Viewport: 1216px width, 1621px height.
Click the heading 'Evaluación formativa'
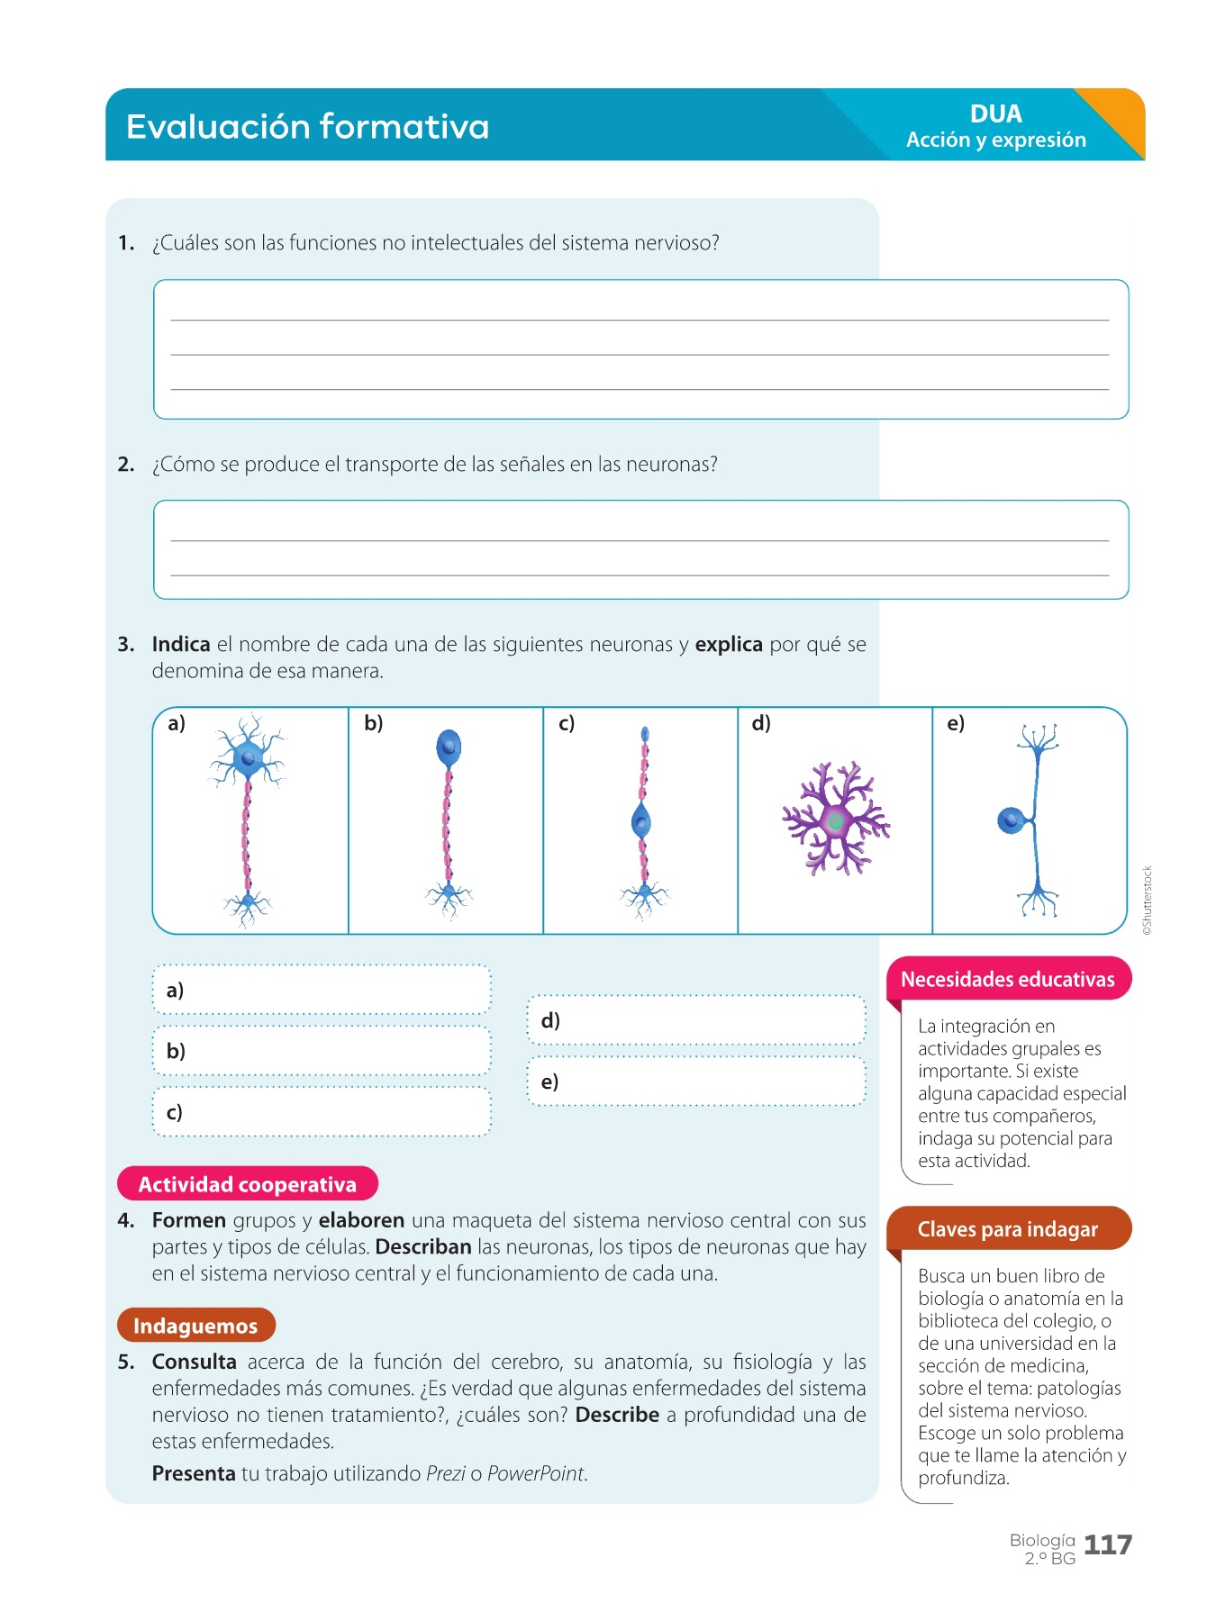click(x=307, y=127)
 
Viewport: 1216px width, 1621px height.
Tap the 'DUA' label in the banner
click(x=995, y=114)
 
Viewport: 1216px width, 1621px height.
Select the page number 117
click(x=1107, y=1545)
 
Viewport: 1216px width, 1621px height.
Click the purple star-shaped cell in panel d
click(x=835, y=820)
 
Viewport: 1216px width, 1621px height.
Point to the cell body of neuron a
click(x=248, y=757)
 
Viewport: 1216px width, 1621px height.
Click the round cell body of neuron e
click(x=1010, y=820)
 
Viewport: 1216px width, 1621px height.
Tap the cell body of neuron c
click(x=641, y=821)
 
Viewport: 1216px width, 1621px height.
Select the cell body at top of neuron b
click(x=449, y=747)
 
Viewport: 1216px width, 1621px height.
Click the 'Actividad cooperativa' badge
click(x=248, y=1184)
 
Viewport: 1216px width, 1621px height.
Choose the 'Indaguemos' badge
click(x=195, y=1326)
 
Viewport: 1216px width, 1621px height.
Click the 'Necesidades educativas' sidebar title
click(x=1008, y=980)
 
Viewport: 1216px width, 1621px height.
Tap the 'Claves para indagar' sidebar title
click(x=1008, y=1229)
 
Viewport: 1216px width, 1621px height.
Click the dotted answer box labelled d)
click(x=696, y=1020)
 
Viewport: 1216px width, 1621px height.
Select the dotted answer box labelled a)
click(x=322, y=990)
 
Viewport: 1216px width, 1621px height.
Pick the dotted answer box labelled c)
click(x=322, y=1112)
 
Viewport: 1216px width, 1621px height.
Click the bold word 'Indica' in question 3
click(x=181, y=645)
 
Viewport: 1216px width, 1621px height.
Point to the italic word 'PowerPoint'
click(x=536, y=1473)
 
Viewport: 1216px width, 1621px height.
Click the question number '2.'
click(x=126, y=465)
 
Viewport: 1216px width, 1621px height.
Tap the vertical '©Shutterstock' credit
click(x=1148, y=901)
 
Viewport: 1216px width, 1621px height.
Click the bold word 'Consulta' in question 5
click(x=194, y=1363)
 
